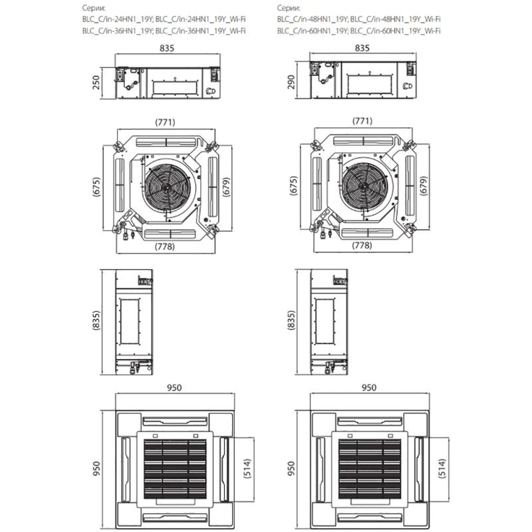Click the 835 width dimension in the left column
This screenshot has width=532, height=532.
point(170,49)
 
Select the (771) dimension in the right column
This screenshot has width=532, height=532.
point(361,122)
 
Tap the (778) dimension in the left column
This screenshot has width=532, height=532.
point(169,246)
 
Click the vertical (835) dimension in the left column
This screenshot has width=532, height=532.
point(97,321)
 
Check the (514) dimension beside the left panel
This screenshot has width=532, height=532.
point(247,468)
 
